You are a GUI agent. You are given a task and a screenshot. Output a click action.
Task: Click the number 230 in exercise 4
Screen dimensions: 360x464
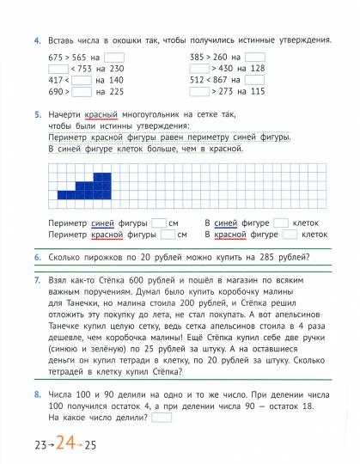pyautogui.click(x=116, y=69)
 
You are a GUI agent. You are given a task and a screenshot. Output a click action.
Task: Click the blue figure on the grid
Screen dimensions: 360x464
pyautogui.click(x=95, y=182)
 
